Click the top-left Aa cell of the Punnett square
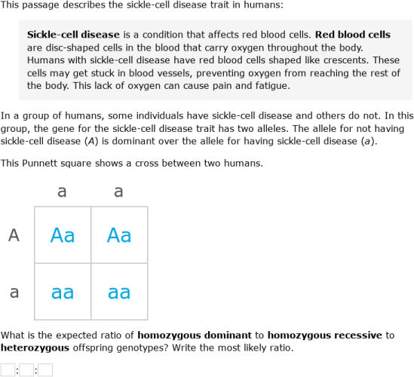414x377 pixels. pyautogui.click(x=63, y=235)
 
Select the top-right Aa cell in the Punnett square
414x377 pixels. pyautogui.click(x=119, y=235)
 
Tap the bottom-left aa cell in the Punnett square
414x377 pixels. pyautogui.click(x=63, y=292)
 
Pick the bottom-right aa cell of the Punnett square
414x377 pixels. pyautogui.click(x=119, y=292)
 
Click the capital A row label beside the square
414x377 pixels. pyautogui.click(x=14, y=235)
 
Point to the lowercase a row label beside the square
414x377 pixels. pyautogui.click(x=14, y=292)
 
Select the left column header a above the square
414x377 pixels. pyautogui.click(x=63, y=192)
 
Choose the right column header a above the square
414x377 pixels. pyautogui.click(x=119, y=192)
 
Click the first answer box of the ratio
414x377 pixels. pyautogui.click(x=8, y=369)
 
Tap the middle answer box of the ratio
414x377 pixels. pyautogui.click(x=26, y=369)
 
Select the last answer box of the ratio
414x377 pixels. pyautogui.click(x=45, y=369)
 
